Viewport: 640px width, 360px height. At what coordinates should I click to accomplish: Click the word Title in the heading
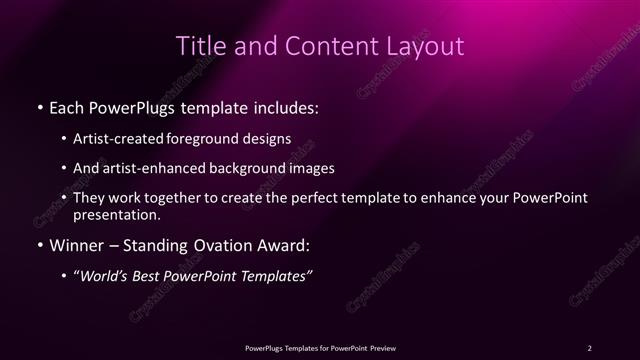click(x=199, y=46)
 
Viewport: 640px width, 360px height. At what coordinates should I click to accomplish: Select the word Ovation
click(x=220, y=245)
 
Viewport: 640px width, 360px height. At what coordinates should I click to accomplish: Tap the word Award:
click(x=287, y=245)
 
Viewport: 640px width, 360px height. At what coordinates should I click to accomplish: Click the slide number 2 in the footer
click(x=590, y=347)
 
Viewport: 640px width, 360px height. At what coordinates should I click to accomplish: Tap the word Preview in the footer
click(x=381, y=347)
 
